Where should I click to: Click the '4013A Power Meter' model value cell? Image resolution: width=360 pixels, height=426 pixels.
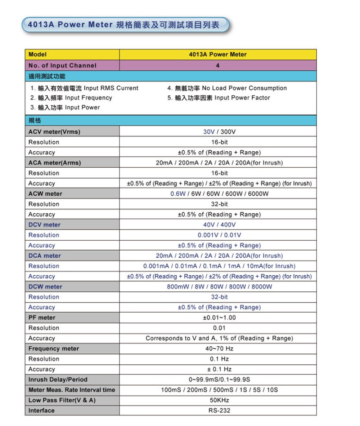[217, 54]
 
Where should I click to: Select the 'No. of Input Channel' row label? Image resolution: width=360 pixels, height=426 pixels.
[62, 65]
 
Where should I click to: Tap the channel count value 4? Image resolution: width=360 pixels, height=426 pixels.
[217, 65]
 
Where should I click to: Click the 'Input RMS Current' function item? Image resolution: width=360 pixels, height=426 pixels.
[84, 88]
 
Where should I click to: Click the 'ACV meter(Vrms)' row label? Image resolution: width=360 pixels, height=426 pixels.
[54, 132]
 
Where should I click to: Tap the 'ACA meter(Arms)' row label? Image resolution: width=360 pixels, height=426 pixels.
[54, 163]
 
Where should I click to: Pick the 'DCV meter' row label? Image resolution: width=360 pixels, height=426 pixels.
[45, 225]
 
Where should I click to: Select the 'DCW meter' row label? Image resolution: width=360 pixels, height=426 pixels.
[45, 287]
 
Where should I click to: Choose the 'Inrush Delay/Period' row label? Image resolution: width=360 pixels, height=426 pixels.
[58, 380]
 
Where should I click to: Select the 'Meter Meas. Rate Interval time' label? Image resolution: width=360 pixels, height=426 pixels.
[72, 390]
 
